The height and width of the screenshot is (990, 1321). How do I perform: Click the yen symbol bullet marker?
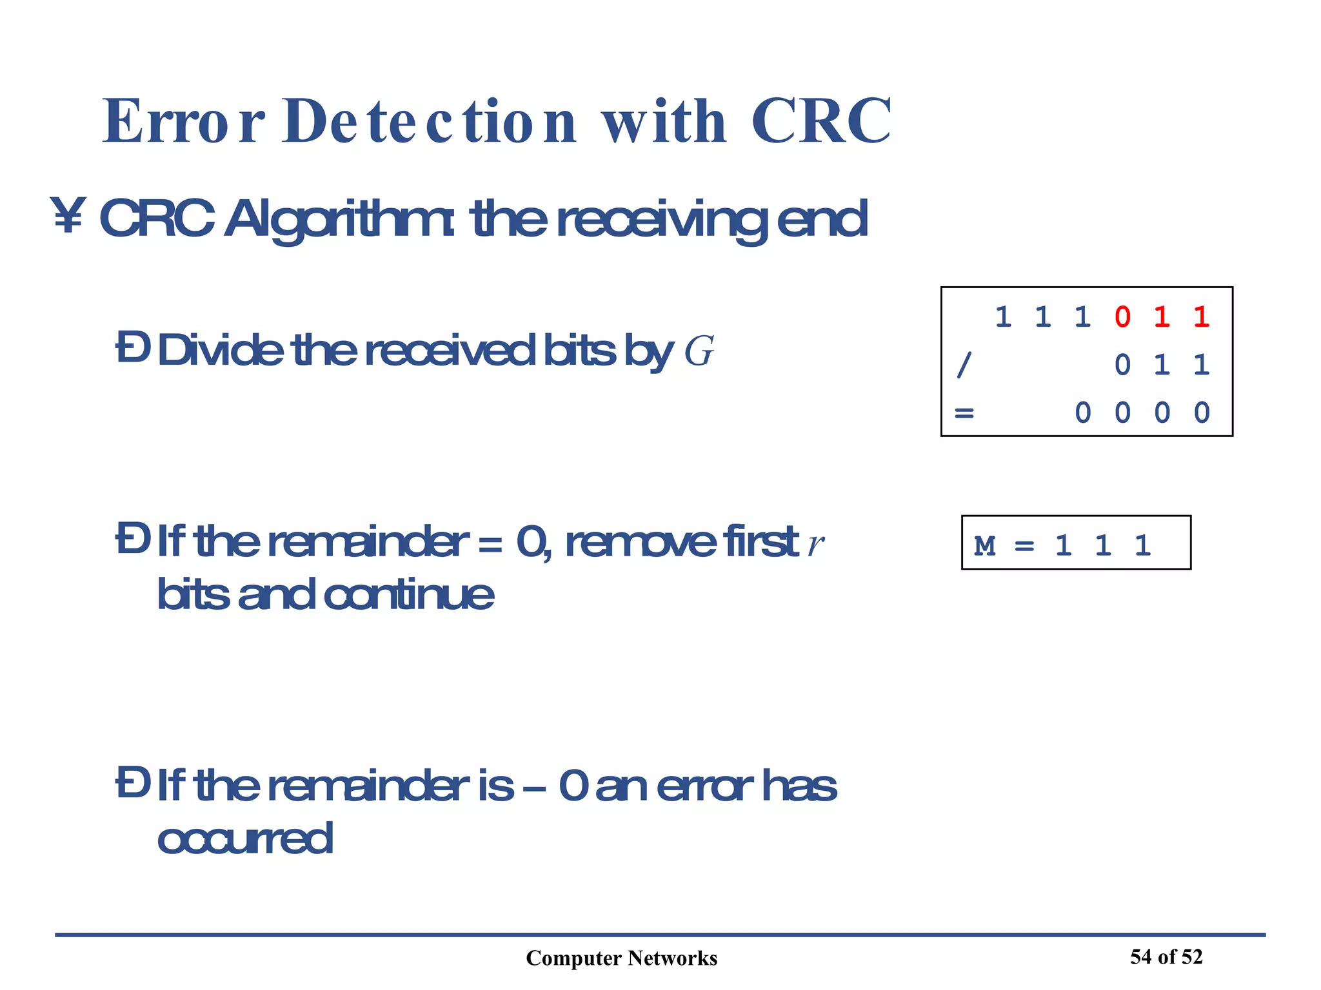click(x=68, y=217)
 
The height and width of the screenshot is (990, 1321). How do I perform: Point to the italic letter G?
click(x=699, y=352)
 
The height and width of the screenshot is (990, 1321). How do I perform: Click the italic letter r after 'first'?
click(x=816, y=543)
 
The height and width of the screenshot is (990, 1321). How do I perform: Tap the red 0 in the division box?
click(x=1122, y=317)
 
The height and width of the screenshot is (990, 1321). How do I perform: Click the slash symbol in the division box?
click(x=964, y=365)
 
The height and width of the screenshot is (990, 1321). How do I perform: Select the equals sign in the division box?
click(x=964, y=412)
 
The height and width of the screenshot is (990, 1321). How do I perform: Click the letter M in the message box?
click(x=984, y=546)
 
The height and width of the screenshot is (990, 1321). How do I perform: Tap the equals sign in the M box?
click(x=1024, y=547)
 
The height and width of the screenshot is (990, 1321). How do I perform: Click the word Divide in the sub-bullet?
click(x=220, y=351)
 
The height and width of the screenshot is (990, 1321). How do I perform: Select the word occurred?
click(x=245, y=839)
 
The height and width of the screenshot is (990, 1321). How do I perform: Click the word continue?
click(x=409, y=594)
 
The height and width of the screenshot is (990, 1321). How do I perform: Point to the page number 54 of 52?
click(x=1166, y=956)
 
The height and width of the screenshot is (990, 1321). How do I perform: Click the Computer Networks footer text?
click(x=621, y=958)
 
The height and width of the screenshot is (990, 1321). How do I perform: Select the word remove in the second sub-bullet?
click(x=640, y=543)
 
